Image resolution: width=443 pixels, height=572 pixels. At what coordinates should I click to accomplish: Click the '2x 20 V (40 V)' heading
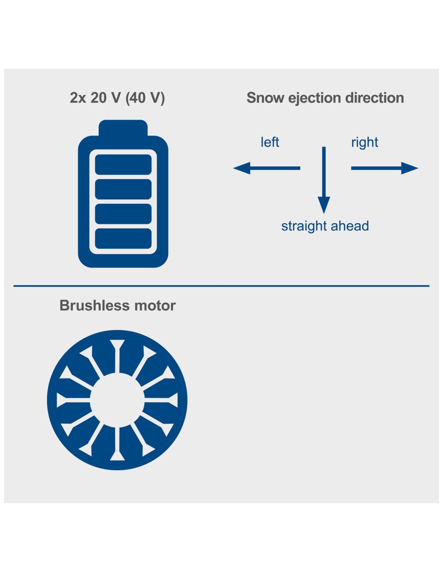click(117, 98)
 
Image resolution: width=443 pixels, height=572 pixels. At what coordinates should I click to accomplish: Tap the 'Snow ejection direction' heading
click(325, 98)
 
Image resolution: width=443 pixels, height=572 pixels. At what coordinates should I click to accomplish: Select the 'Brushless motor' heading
click(117, 306)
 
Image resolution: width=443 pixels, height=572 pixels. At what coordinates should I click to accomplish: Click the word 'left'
click(270, 142)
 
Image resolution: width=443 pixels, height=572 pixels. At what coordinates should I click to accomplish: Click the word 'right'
click(364, 142)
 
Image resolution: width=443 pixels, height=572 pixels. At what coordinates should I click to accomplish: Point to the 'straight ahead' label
click(325, 226)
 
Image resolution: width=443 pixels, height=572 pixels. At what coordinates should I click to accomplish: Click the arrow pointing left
click(267, 168)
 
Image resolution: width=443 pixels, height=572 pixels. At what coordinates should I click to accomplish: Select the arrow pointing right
click(385, 168)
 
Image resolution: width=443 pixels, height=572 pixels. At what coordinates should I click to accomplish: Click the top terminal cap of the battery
click(123, 128)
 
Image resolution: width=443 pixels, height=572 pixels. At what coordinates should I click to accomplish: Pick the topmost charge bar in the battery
click(123, 164)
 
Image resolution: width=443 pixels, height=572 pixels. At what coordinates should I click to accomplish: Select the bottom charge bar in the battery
click(123, 239)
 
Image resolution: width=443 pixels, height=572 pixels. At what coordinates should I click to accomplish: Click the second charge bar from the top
click(123, 189)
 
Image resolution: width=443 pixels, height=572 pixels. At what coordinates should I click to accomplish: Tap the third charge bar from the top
click(123, 214)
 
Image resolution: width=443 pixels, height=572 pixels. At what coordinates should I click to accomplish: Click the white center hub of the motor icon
click(117, 400)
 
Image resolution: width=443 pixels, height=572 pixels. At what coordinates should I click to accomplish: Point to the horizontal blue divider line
click(221, 286)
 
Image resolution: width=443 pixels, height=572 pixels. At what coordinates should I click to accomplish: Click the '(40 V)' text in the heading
click(145, 98)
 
